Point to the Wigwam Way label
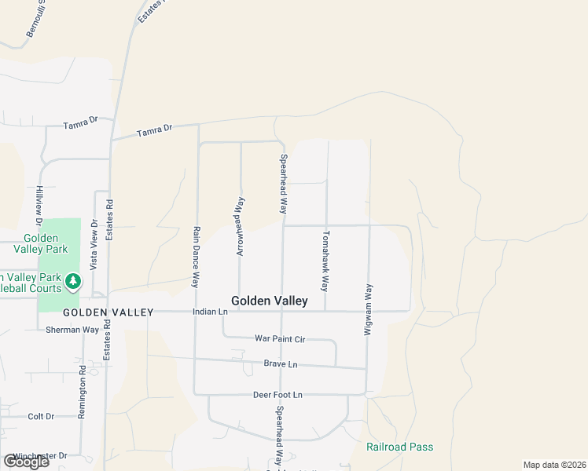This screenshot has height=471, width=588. pyautogui.click(x=367, y=311)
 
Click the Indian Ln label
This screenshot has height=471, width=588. pyautogui.click(x=210, y=312)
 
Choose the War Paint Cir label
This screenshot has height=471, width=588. pyautogui.click(x=279, y=338)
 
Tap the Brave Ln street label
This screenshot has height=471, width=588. pyautogui.click(x=281, y=364)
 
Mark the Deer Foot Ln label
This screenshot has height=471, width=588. pyautogui.click(x=277, y=394)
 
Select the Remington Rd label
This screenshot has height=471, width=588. pyautogui.click(x=82, y=392)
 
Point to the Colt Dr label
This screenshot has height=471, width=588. pyautogui.click(x=41, y=416)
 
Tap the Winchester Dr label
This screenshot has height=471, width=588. pyautogui.click(x=41, y=455)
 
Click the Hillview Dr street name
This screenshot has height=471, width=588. pyautogui.click(x=38, y=202)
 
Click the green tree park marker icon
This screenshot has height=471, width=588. pyautogui.click(x=73, y=280)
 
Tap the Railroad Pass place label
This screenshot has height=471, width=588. pyautogui.click(x=399, y=447)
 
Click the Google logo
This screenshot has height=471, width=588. pyautogui.click(x=26, y=462)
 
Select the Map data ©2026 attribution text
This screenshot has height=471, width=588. pyautogui.click(x=555, y=465)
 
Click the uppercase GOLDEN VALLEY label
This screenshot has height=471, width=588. pyautogui.click(x=108, y=312)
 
